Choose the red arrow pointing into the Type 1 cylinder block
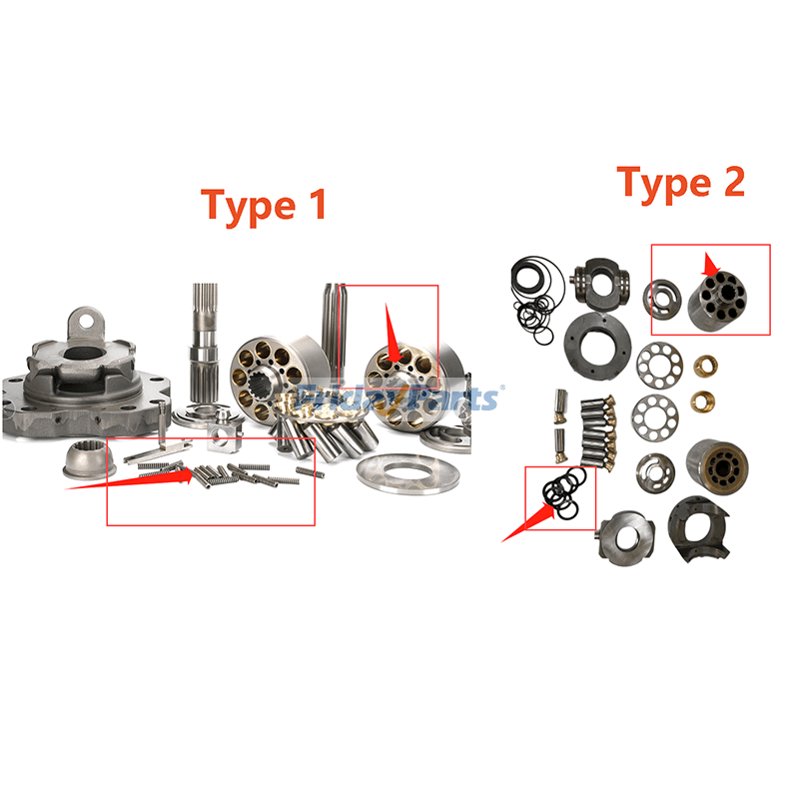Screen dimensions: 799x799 tap(393, 336)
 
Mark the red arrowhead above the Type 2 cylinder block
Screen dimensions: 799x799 tap(709, 267)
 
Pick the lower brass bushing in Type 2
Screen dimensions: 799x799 tap(703, 401)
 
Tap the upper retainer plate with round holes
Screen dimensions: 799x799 tap(657, 360)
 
